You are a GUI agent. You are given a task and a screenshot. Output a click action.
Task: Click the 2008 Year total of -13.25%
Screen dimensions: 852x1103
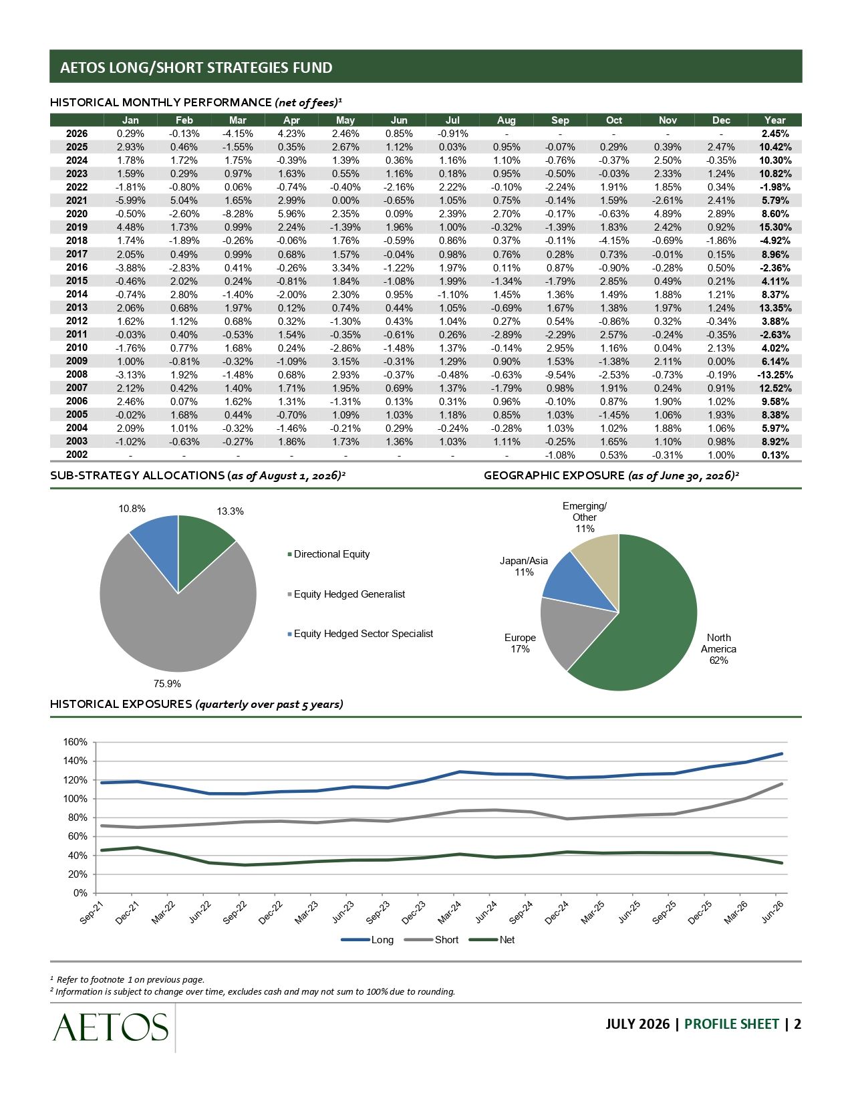click(x=774, y=374)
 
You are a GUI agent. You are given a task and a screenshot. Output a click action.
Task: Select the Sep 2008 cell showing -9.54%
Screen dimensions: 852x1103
click(x=560, y=374)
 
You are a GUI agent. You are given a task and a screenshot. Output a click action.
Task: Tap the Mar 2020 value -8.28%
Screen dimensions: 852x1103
click(x=237, y=214)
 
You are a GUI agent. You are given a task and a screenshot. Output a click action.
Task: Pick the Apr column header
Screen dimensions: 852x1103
click(x=291, y=120)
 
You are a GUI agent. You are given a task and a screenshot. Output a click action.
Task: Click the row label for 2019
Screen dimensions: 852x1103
click(x=77, y=227)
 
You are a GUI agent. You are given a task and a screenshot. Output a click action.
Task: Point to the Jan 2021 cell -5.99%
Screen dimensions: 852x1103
click(x=130, y=201)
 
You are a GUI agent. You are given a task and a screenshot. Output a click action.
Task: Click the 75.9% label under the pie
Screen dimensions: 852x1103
click(x=167, y=684)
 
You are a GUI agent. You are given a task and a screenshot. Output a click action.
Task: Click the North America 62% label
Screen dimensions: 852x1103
click(x=718, y=648)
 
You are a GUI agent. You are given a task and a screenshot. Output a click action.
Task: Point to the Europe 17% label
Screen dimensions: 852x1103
click(x=520, y=643)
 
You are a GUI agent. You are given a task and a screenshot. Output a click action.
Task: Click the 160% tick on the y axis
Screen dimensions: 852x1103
click(x=75, y=742)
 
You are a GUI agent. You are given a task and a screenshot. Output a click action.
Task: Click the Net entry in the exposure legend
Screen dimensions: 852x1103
click(x=492, y=939)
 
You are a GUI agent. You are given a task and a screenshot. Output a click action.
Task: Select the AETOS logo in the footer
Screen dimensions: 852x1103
click(x=110, y=1027)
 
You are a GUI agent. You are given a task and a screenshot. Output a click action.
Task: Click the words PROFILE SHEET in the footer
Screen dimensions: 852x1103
click(x=731, y=1024)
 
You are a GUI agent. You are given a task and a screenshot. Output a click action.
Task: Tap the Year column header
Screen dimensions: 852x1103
click(x=774, y=120)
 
